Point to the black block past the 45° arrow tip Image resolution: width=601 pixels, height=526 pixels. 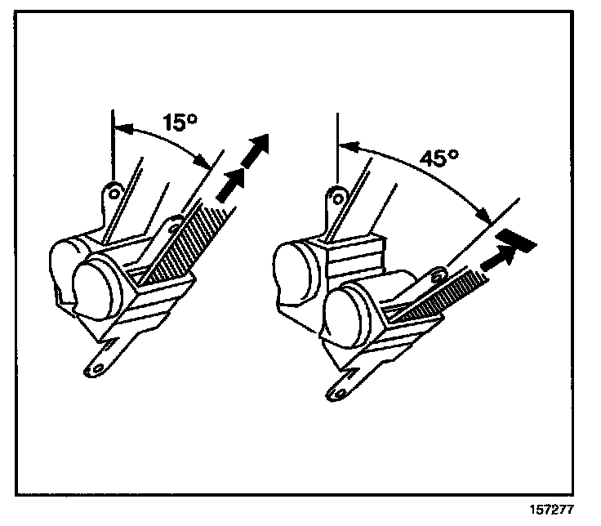pyautogui.click(x=518, y=238)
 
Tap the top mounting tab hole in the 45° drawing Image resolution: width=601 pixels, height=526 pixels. pyautogui.click(x=335, y=194)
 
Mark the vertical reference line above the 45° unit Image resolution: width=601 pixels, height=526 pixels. pyautogui.click(x=336, y=147)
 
